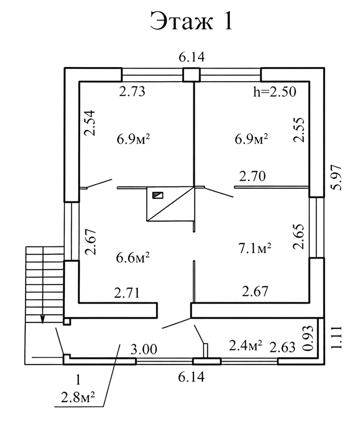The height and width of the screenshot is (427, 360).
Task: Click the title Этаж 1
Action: [x=191, y=21]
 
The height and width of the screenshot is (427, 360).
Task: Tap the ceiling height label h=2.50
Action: [x=275, y=92]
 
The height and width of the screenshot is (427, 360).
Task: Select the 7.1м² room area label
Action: [x=255, y=248]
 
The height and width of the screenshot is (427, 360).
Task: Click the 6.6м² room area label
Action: [x=133, y=258]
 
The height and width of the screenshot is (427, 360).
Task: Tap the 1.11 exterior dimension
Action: [x=336, y=337]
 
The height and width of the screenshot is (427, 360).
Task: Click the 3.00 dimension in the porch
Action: [x=144, y=349]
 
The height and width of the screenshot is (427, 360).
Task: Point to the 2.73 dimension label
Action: [x=132, y=92]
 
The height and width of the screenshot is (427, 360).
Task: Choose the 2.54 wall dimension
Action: [x=89, y=123]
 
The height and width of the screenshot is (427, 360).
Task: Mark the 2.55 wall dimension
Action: [x=299, y=130]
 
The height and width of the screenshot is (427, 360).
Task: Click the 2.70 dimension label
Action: [x=252, y=176]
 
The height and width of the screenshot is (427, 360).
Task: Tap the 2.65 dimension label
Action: [x=299, y=237]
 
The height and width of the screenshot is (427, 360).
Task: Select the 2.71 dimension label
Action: [x=127, y=293]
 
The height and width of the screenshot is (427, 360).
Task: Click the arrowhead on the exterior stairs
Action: [x=42, y=319]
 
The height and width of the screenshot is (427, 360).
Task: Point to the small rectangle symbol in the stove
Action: [x=158, y=195]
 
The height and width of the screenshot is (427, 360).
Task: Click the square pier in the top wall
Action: [x=191, y=75]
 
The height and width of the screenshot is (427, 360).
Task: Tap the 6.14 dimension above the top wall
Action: [x=191, y=57]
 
